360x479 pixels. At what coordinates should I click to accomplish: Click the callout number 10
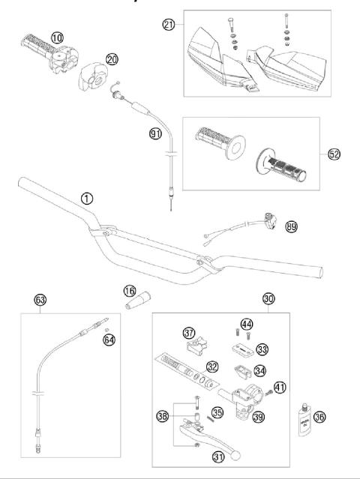point(56,35)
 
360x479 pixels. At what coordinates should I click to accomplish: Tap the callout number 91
point(155,135)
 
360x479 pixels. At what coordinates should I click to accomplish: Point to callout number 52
point(334,154)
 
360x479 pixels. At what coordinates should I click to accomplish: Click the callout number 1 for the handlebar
point(88,199)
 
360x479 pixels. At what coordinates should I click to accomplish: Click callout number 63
point(40,301)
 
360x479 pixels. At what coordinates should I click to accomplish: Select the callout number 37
point(188,332)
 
